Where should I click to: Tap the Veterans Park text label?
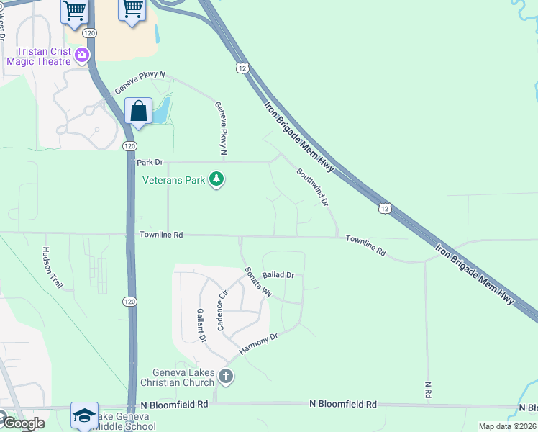coord(174,180)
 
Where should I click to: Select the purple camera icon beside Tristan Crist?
coord(83,54)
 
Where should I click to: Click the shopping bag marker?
coord(138,112)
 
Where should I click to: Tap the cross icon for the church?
coord(226,376)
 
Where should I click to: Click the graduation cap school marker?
coord(84,416)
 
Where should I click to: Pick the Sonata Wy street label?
coord(258,283)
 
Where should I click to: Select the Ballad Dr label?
coord(278,275)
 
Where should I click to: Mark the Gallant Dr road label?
coord(201,325)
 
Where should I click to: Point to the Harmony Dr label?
coord(258,343)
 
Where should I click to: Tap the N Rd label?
coord(428,390)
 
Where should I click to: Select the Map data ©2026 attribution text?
coord(507,426)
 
